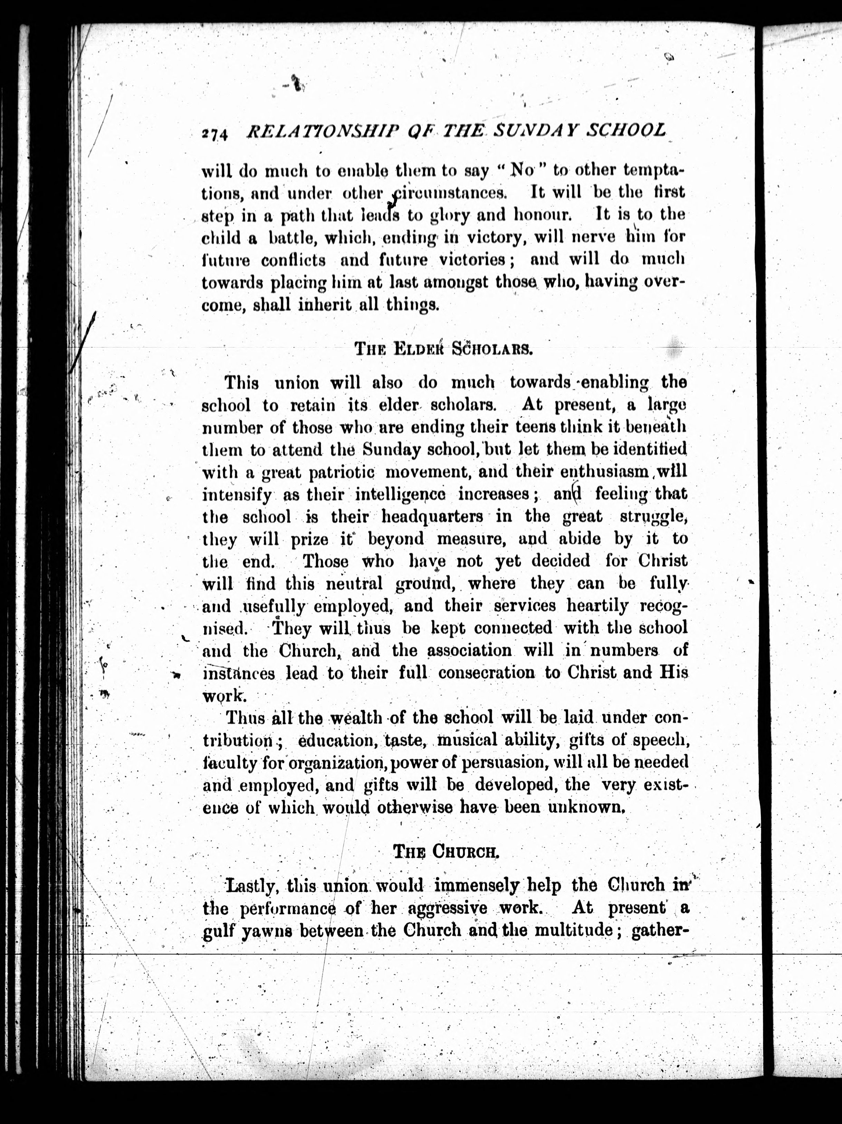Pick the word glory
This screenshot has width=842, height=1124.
pos(451,215)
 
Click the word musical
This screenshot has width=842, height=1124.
pos(467,740)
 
